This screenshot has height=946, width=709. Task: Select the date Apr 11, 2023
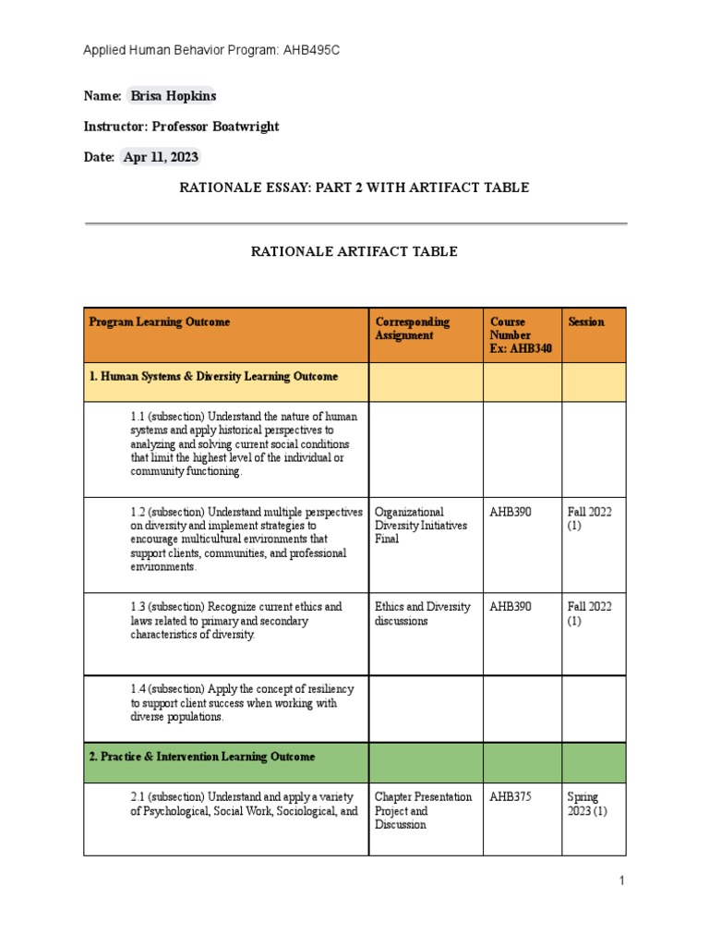pos(161,157)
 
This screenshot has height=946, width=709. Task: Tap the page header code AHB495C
pos(314,50)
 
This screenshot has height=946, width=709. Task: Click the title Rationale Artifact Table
pos(354,251)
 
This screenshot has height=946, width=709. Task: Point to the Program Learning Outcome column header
pos(160,322)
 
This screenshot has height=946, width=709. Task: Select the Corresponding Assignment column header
pos(412,329)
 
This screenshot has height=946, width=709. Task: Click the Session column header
pos(586,322)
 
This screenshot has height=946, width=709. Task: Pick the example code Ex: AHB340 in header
pos(522,349)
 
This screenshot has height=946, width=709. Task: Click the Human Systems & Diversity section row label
pos(213,377)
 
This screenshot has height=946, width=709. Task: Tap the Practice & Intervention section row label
pos(201,757)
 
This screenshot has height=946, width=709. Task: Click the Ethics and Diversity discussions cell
pos(422,614)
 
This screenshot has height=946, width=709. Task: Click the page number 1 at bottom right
pos(622,881)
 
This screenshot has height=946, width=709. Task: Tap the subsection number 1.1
pos(138,417)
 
